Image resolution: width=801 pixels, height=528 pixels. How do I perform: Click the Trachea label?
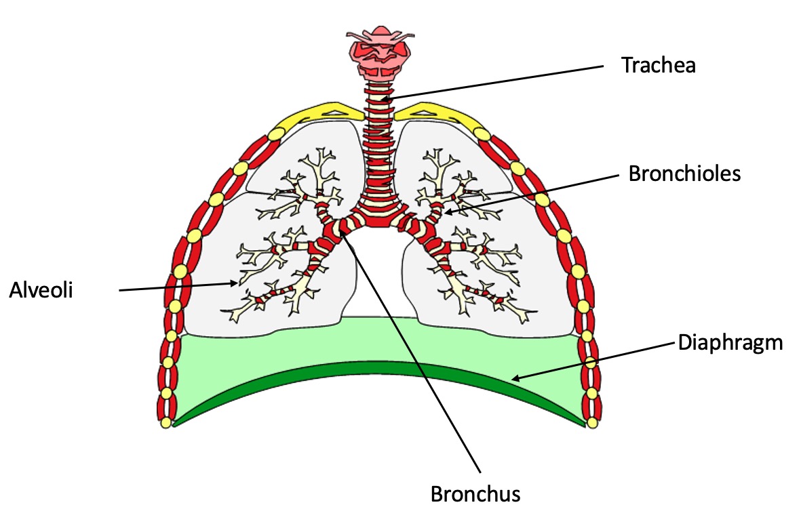(x=659, y=66)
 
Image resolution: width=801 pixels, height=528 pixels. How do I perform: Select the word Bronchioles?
(x=684, y=174)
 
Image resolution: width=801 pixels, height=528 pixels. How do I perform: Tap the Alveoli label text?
(x=41, y=289)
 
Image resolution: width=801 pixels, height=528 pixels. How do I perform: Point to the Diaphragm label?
(x=730, y=343)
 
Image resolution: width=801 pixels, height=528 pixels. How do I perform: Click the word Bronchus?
(x=475, y=493)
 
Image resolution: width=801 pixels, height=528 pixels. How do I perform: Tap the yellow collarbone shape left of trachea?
(x=326, y=111)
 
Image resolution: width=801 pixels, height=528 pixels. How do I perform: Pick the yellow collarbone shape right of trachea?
(x=434, y=111)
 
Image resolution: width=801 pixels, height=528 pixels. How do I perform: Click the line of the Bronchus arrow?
(x=414, y=359)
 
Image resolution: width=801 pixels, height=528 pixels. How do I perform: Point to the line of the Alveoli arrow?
(x=176, y=287)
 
